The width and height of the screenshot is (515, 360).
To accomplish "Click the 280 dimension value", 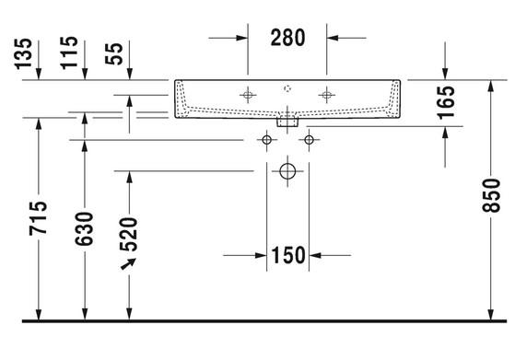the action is click(x=287, y=38).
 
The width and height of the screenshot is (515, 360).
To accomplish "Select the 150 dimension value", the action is click(x=288, y=255).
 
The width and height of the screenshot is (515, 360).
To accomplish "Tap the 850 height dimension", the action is click(x=491, y=195).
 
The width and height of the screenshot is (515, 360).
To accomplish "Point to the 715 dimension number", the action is click(x=38, y=218).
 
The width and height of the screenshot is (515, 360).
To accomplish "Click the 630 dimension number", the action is click(x=85, y=228).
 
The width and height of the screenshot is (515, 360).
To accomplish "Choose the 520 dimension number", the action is click(x=129, y=234).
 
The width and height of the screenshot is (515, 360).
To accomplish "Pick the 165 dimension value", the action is click(x=446, y=102).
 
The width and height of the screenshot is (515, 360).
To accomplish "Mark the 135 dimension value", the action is click(x=24, y=54).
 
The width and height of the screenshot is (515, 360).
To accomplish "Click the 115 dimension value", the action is click(x=69, y=52).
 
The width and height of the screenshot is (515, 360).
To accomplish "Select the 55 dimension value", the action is click(x=114, y=53).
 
